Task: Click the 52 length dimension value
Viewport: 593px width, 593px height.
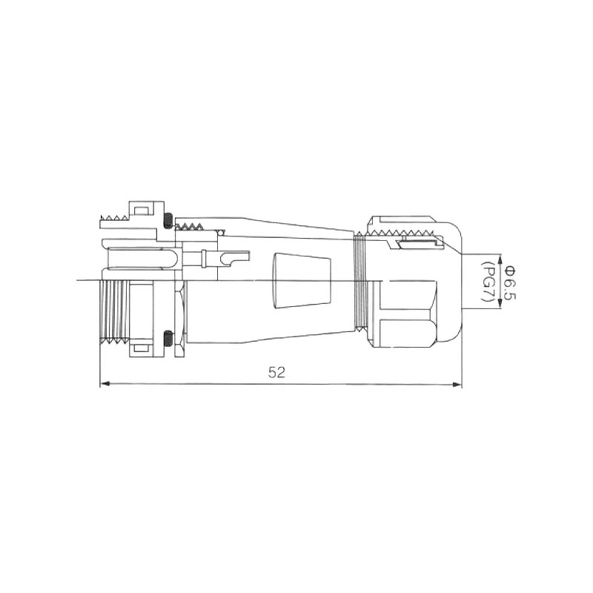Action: coord(276,372)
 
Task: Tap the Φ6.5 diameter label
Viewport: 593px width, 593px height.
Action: coord(510,282)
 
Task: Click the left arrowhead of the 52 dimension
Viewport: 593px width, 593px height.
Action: coord(105,384)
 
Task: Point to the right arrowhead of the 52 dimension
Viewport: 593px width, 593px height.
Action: coord(457,385)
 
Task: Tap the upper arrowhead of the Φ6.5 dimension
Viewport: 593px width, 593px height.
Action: coord(500,259)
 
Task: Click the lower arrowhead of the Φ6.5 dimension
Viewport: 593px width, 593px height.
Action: coord(500,304)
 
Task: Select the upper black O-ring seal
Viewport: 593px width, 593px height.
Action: coord(168,221)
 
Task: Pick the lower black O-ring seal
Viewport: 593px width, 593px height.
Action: coord(168,338)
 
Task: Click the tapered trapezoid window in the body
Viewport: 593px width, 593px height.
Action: coord(302,281)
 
